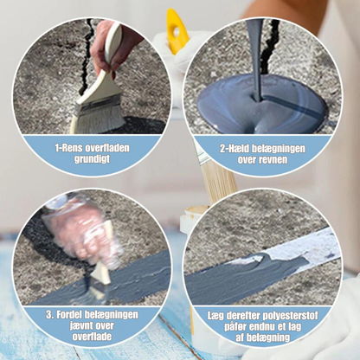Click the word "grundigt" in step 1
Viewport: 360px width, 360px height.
click(93, 159)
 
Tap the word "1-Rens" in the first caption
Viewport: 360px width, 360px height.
click(68, 148)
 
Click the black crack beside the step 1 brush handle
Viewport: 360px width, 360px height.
click(87, 58)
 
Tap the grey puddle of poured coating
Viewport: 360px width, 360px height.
click(261, 105)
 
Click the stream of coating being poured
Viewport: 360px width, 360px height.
click(255, 58)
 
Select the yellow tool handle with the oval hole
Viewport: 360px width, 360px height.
click(177, 31)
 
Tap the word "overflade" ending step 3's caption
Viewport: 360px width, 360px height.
click(92, 337)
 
